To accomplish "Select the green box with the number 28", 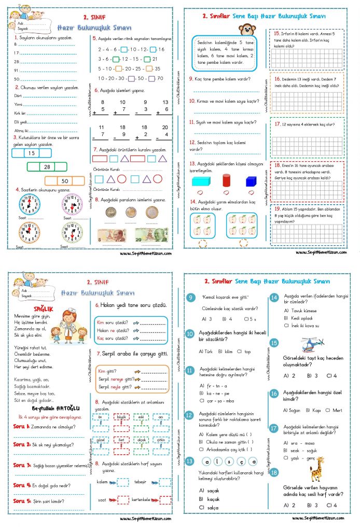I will (47, 166).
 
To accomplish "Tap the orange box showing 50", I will (65, 181).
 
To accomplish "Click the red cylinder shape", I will (226, 181).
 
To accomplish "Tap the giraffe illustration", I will (316, 469).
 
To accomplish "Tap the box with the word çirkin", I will (161, 440).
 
